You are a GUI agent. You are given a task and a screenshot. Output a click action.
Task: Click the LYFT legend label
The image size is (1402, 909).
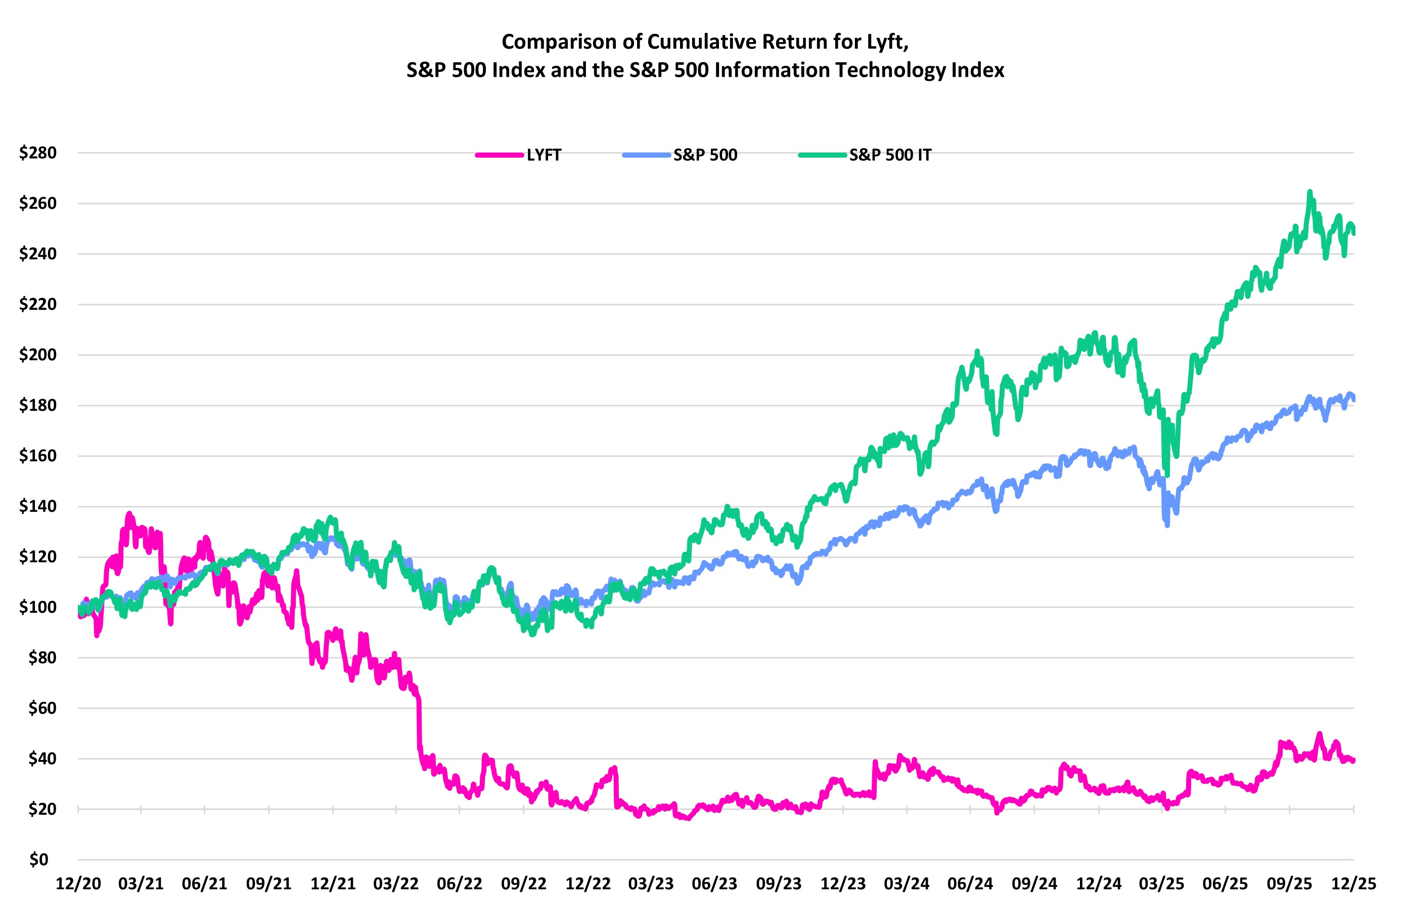point(543,156)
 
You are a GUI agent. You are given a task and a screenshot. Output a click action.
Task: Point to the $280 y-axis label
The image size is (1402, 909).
point(38,153)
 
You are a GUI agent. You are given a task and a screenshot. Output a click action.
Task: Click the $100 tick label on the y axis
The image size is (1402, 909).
point(38,607)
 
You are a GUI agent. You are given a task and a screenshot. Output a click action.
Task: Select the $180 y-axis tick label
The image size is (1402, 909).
point(38,406)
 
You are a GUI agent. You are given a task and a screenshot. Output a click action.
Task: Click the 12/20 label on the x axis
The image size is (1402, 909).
point(78,884)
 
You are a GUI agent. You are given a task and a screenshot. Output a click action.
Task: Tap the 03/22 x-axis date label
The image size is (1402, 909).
point(396,884)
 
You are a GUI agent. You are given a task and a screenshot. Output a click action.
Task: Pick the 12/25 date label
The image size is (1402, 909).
point(1353,884)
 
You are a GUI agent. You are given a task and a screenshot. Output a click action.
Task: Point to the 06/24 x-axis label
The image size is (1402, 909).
point(970,884)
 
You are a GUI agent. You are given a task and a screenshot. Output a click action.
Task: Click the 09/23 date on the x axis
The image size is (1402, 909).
point(779,884)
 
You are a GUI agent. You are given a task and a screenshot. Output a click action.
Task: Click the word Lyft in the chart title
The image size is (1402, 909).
point(889,42)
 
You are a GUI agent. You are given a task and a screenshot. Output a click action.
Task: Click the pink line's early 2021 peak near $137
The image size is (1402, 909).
point(129,513)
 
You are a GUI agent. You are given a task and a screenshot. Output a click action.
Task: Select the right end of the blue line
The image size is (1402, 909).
point(1353,399)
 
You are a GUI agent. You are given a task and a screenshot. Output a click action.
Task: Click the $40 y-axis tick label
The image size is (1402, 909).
point(42,759)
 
